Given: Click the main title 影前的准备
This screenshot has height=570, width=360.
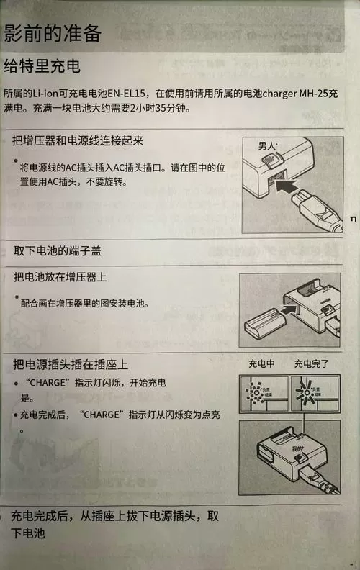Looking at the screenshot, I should pos(52,33).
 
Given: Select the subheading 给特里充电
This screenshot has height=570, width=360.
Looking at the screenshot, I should pos(42,67).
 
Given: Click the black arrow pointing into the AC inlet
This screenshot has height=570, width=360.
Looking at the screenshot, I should pos(293,189).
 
